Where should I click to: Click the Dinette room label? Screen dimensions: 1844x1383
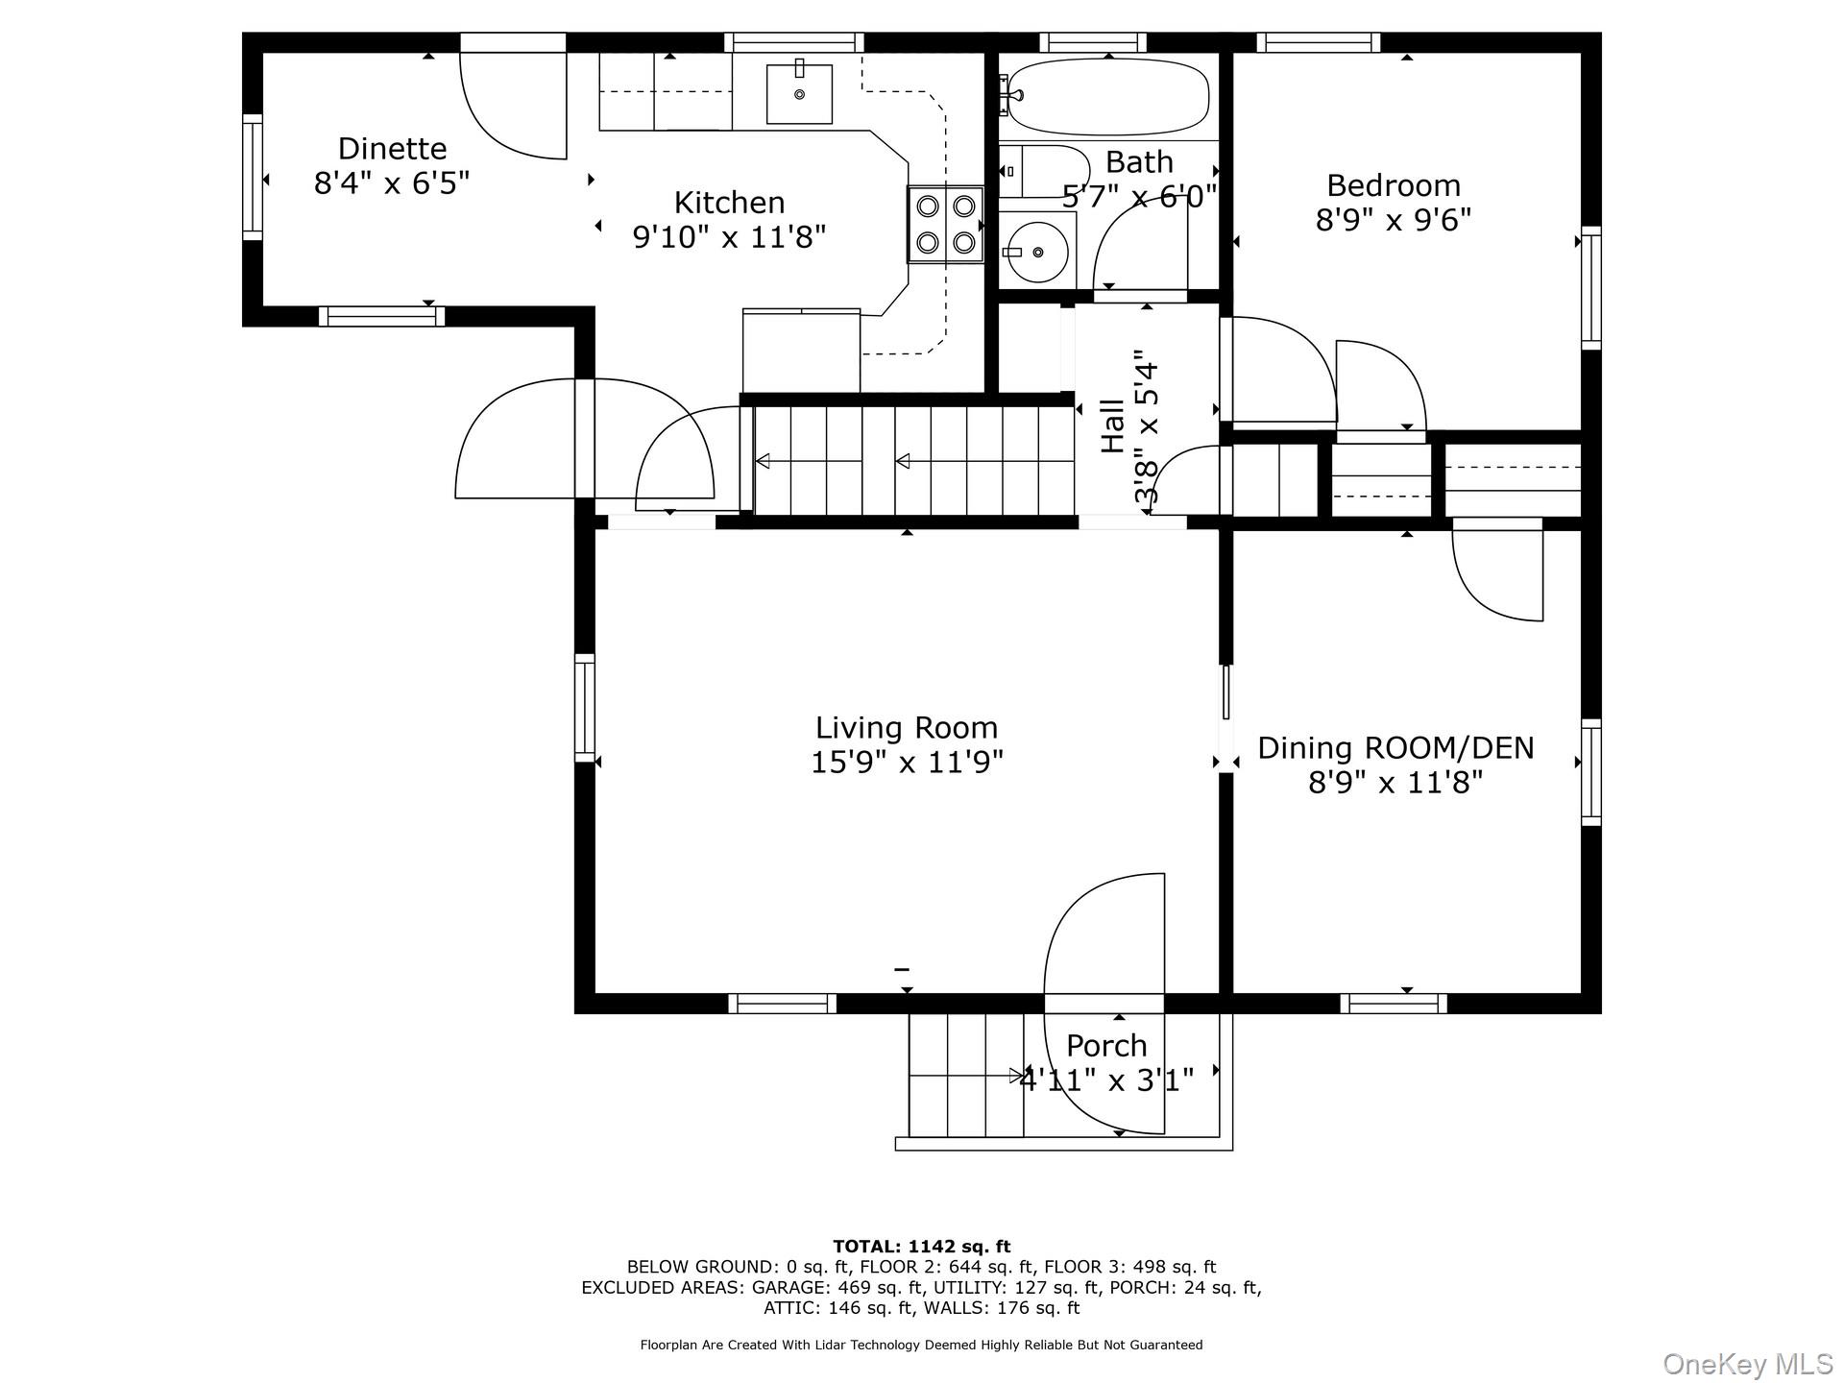pos(392,149)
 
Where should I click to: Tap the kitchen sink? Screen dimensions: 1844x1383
pos(799,93)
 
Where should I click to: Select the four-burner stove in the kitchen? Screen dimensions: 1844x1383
pos(946,225)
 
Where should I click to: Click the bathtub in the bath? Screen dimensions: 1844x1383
pos(1107,95)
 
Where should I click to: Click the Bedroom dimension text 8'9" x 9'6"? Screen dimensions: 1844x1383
pos(1394,220)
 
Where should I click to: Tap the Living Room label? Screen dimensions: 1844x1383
pos(907,727)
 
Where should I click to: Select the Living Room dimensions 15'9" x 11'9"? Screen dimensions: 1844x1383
pos(907,763)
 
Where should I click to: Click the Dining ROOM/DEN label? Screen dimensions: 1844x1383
pos(1395,747)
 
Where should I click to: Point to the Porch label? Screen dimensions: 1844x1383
pos(1106,1045)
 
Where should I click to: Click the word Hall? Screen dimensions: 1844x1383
pos(1112,425)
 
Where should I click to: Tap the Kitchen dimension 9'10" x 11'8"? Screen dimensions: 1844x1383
pos(729,236)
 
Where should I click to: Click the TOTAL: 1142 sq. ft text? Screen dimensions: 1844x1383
pos(921,1247)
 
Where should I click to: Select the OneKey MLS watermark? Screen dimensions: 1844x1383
pos(1747,1364)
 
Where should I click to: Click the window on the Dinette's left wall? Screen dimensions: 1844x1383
pos(252,177)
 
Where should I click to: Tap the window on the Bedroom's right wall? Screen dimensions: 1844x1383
pos(1591,287)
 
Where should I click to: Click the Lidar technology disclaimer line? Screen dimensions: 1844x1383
pos(921,1345)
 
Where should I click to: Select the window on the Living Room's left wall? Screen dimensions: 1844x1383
pos(585,708)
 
